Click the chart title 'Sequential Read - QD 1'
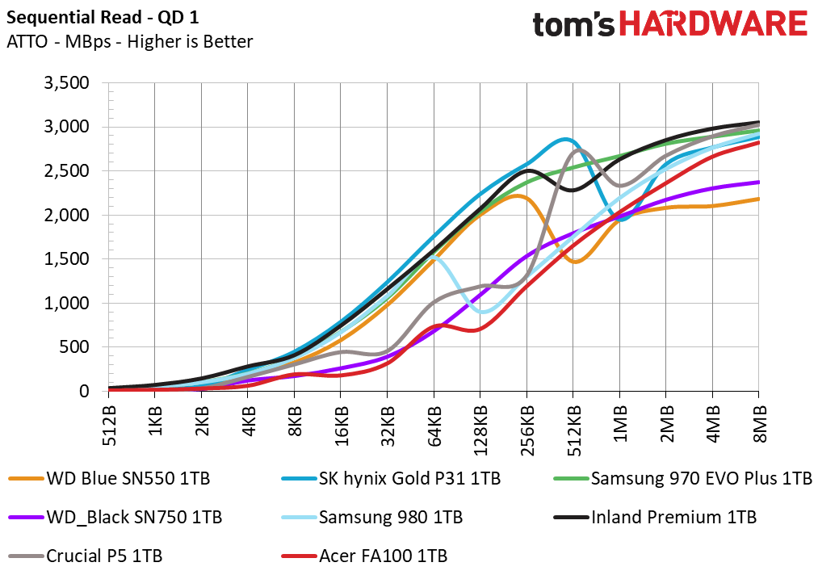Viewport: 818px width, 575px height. tap(103, 18)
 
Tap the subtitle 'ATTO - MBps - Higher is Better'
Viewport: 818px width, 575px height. tap(130, 42)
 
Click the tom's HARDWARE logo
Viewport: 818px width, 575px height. tap(670, 24)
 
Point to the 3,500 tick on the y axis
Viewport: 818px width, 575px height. tap(66, 83)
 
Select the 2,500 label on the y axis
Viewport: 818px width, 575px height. tap(66, 171)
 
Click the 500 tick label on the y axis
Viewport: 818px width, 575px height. tap(74, 347)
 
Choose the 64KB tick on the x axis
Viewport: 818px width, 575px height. tap(434, 426)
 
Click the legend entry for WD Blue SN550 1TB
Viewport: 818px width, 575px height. tap(110, 478)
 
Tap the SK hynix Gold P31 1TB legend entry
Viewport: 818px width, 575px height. tap(391, 478)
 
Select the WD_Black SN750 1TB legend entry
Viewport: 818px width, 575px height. tap(115, 517)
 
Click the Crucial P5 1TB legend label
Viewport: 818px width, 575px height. tap(86, 556)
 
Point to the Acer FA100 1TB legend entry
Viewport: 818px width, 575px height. tap(364, 556)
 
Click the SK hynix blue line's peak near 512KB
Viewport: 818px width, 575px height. tap(565, 139)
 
